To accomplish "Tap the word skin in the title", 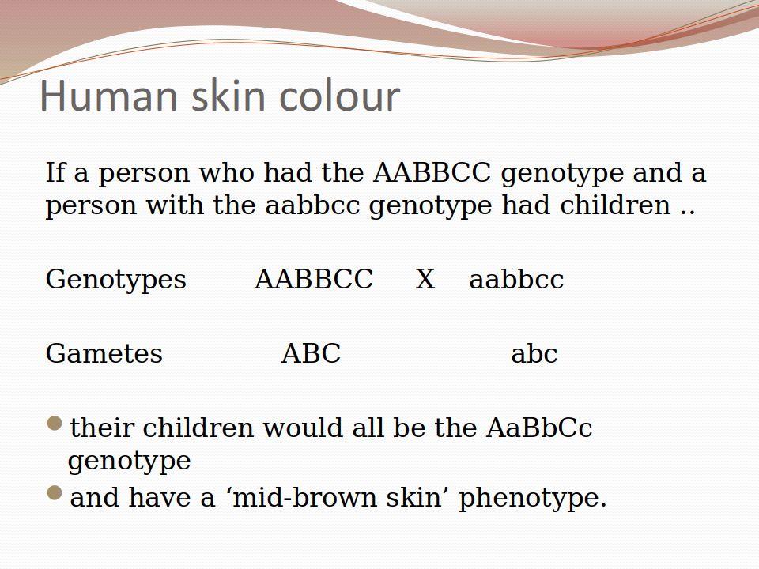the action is (228, 95).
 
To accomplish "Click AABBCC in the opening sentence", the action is (432, 173).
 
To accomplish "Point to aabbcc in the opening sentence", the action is (313, 205).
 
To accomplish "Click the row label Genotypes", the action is (116, 280).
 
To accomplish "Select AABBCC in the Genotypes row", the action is (314, 279).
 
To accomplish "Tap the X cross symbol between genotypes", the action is (425, 279).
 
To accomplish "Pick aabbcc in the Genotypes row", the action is (516, 279).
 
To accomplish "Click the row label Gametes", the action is (104, 353).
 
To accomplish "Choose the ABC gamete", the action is (312, 353).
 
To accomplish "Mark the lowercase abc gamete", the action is (534, 353).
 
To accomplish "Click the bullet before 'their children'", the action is (55, 424).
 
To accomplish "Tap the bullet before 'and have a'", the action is (55, 493).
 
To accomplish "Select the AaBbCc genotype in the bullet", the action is (539, 428).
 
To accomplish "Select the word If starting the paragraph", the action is (55, 173).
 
